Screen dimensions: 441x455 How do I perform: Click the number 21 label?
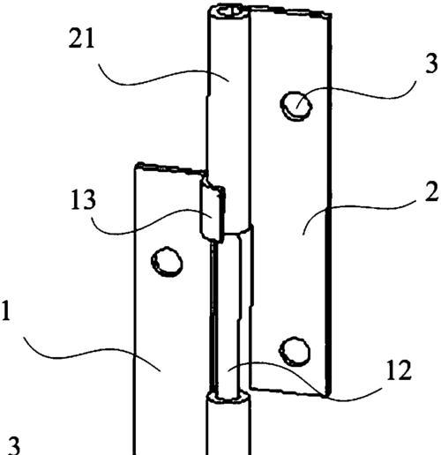(x=81, y=38)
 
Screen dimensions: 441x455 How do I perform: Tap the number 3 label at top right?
(x=431, y=63)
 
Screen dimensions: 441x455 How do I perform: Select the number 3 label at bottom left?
(x=13, y=445)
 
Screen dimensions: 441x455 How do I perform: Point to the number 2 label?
(x=431, y=191)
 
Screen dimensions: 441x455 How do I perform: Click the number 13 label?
(x=83, y=199)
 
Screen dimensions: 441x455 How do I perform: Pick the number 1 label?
(x=6, y=310)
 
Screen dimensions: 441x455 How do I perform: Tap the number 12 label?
(x=399, y=370)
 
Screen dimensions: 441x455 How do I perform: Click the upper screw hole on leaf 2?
(x=296, y=106)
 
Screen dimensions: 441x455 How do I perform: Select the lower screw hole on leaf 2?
(x=295, y=352)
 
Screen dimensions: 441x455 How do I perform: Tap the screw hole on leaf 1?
(x=167, y=261)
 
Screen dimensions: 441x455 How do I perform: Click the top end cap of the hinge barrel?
(x=228, y=12)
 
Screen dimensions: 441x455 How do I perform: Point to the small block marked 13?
(x=213, y=213)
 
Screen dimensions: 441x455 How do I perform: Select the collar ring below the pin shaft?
(x=228, y=398)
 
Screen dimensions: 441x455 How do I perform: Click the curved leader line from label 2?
(x=358, y=210)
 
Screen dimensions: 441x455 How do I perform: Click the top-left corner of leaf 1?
(x=135, y=165)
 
